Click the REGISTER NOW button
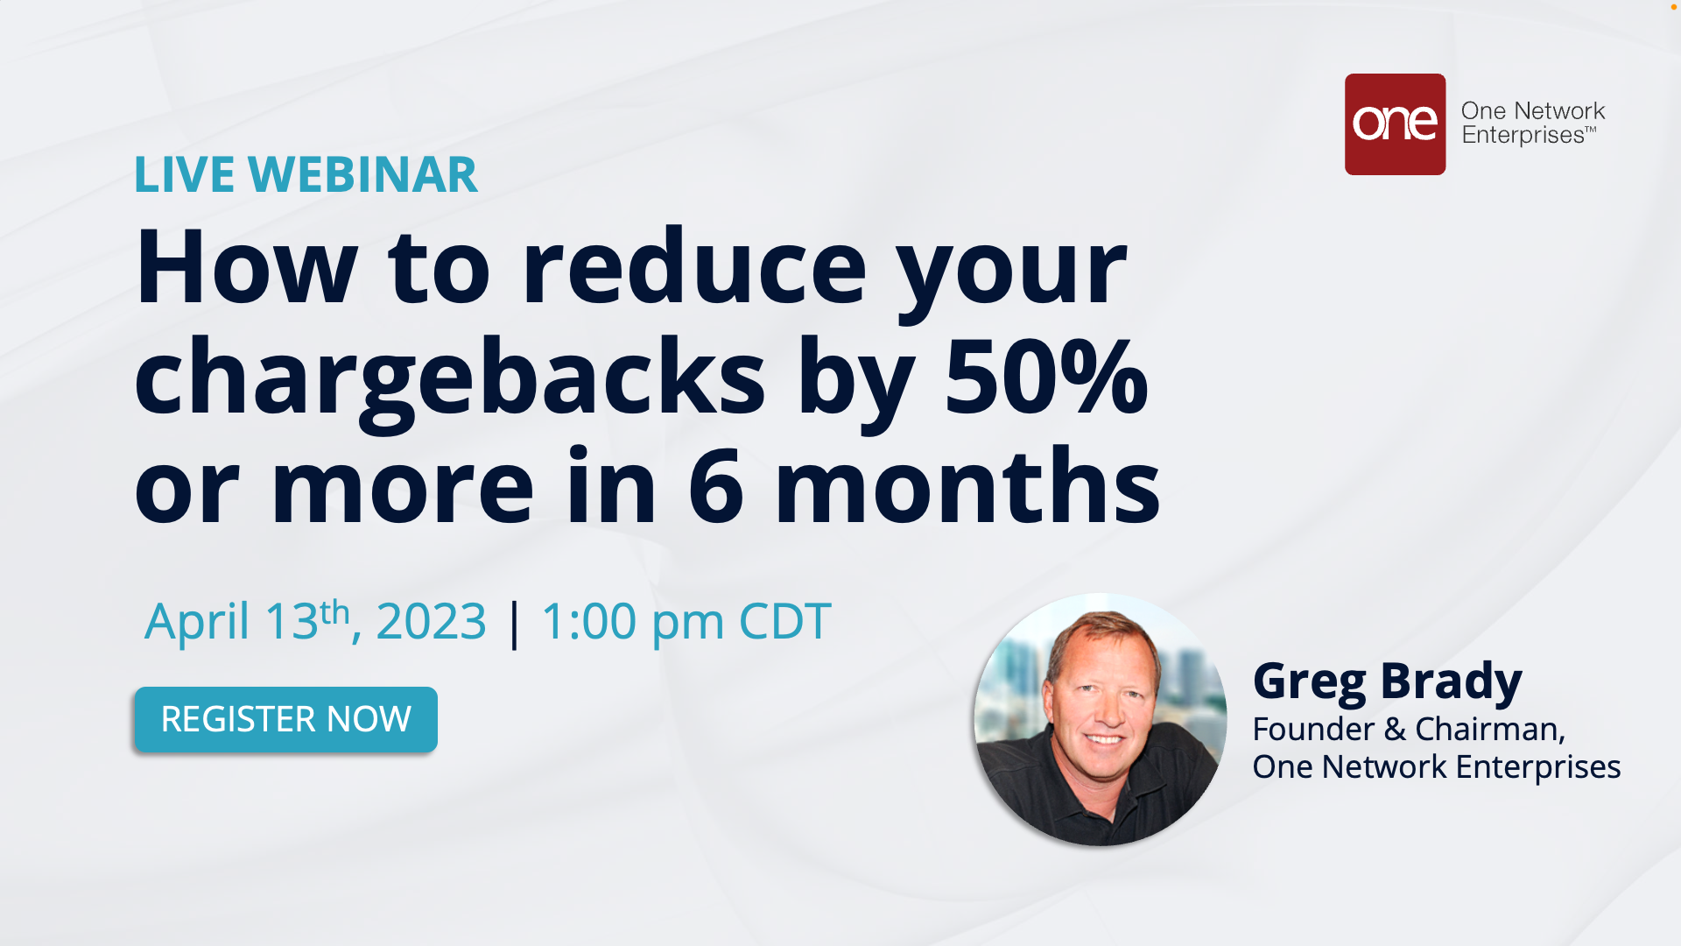coord(285,719)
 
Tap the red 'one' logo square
coord(1395,124)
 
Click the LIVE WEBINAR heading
coord(306,174)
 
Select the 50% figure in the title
coord(1046,377)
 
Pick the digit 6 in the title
coord(716,487)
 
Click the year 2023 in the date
coord(431,621)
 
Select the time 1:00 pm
coord(633,623)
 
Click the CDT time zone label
coord(784,621)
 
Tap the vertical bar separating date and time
coord(514,624)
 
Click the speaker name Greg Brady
coord(1388,681)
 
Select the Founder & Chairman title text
coord(1409,729)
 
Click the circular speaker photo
coord(1101,719)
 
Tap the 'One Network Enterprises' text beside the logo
coord(1533,123)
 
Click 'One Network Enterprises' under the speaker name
coord(1437,766)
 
